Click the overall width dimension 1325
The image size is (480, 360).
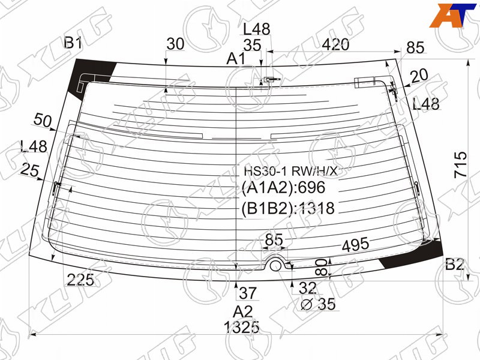(242, 327)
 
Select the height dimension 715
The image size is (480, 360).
(461, 164)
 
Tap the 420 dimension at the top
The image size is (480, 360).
(335, 44)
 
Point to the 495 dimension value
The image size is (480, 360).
(355, 245)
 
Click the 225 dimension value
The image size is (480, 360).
(80, 280)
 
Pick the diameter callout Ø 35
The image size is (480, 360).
(318, 304)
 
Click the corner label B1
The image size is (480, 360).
(73, 43)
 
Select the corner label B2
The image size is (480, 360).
(455, 264)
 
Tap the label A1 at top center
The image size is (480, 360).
(236, 58)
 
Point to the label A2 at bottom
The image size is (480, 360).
(242, 312)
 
